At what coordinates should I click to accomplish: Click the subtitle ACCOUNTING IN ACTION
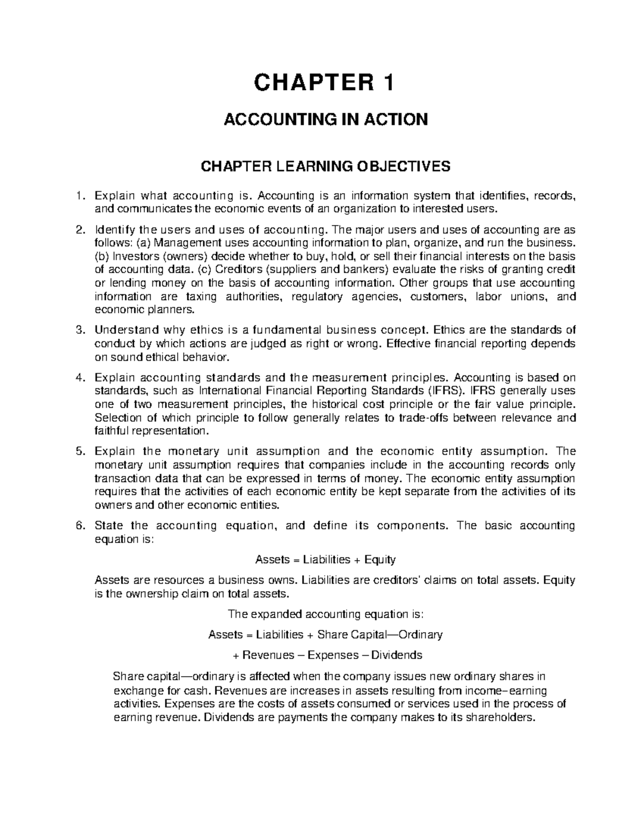pos(325,119)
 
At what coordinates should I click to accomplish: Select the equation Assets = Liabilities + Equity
pos(325,560)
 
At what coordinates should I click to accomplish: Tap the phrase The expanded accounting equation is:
pos(325,614)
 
